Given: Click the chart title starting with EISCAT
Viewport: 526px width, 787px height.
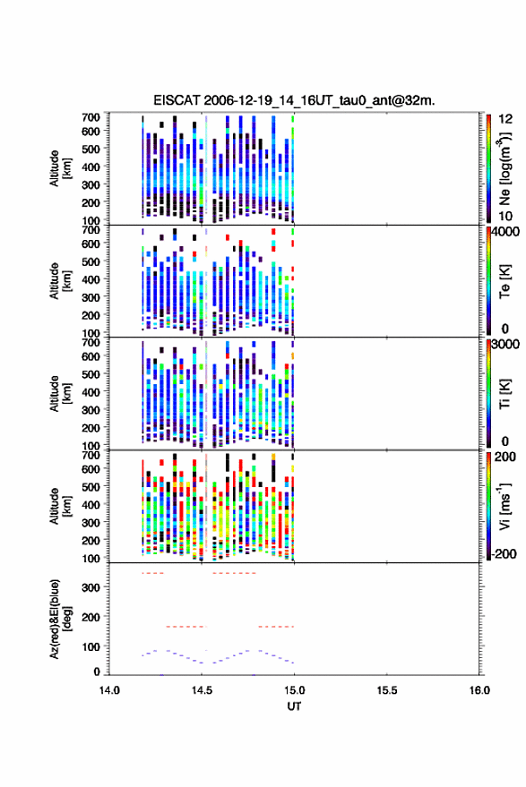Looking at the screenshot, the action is tap(294, 100).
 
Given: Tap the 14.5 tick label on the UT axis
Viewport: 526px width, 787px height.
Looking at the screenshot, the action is tap(202, 690).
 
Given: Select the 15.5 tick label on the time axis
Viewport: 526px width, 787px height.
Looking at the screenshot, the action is tap(386, 690).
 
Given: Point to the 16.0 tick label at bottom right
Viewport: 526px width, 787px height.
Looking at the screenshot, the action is tap(479, 690).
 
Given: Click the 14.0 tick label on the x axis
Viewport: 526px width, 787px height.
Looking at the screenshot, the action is tap(109, 690).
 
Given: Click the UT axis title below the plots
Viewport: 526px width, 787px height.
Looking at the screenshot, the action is tap(294, 706).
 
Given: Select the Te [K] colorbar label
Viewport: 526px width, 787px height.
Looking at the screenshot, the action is tap(504, 281).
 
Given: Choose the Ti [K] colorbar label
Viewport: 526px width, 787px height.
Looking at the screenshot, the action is tap(504, 393).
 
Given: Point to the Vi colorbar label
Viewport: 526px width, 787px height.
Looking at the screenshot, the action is tap(504, 506).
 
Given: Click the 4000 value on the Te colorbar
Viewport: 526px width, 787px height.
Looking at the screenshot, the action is tap(505, 232).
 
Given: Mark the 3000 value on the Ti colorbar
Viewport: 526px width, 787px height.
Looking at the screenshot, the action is tap(505, 345).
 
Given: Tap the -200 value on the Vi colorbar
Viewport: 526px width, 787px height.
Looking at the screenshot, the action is tap(504, 553).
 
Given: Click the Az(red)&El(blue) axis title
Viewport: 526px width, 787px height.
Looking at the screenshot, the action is tap(60, 619).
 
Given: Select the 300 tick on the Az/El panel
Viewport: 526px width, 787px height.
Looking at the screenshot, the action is tap(91, 587).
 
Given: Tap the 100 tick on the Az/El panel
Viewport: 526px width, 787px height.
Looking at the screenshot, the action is tap(91, 646).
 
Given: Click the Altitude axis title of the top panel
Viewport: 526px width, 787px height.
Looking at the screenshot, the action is tap(60, 168).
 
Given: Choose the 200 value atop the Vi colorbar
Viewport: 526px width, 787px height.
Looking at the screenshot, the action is tap(505, 457).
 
